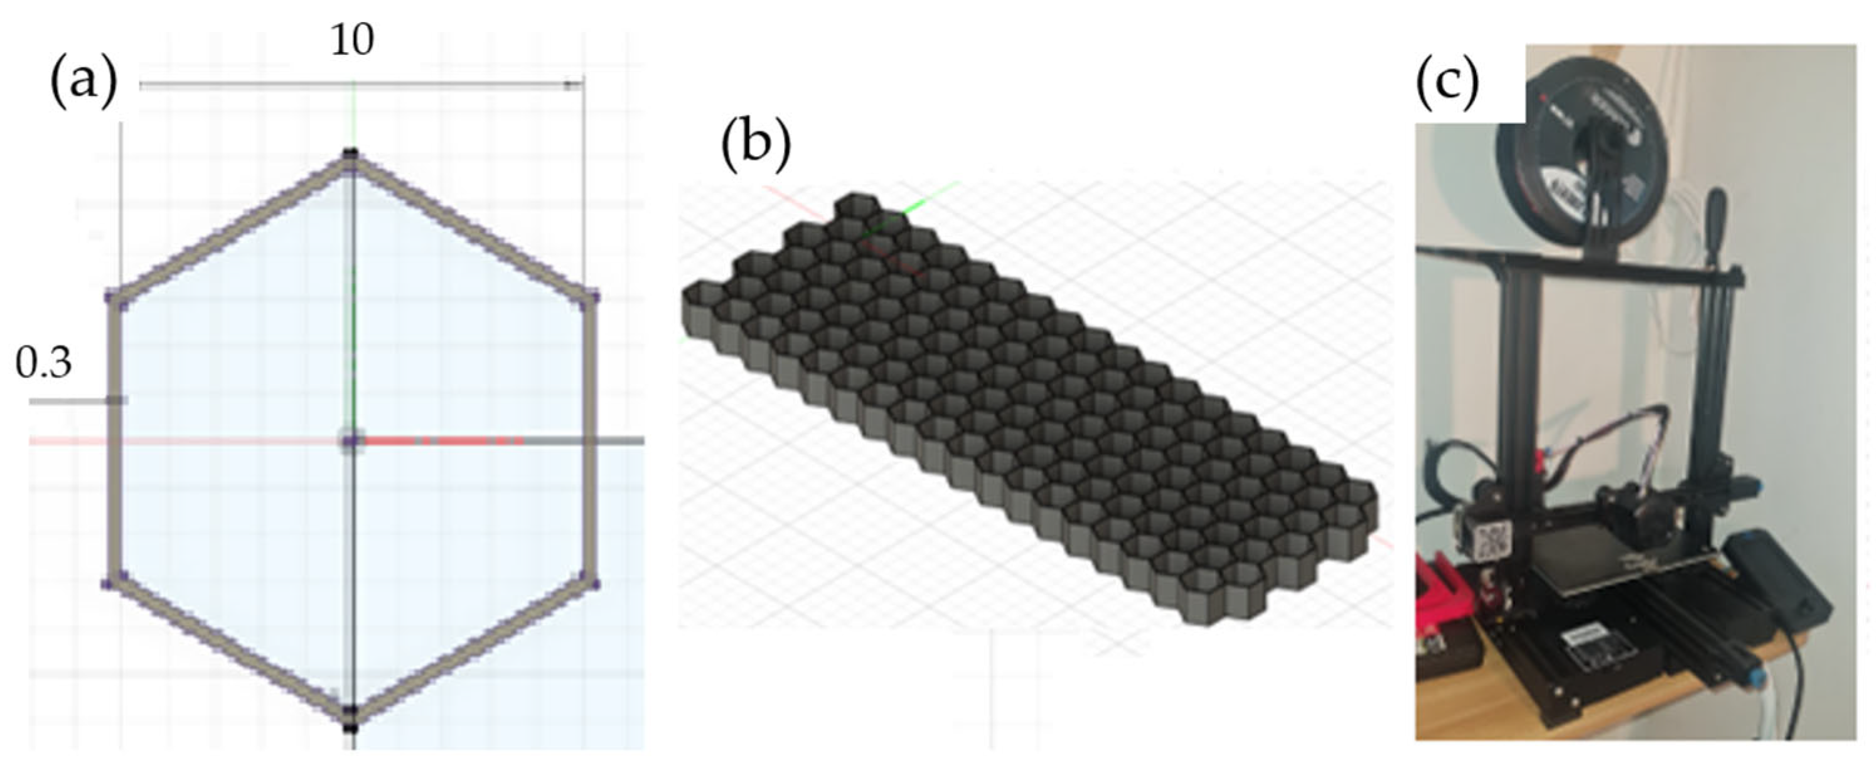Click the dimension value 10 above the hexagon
point(353,41)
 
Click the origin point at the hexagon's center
point(351,441)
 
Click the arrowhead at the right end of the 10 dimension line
point(574,86)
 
